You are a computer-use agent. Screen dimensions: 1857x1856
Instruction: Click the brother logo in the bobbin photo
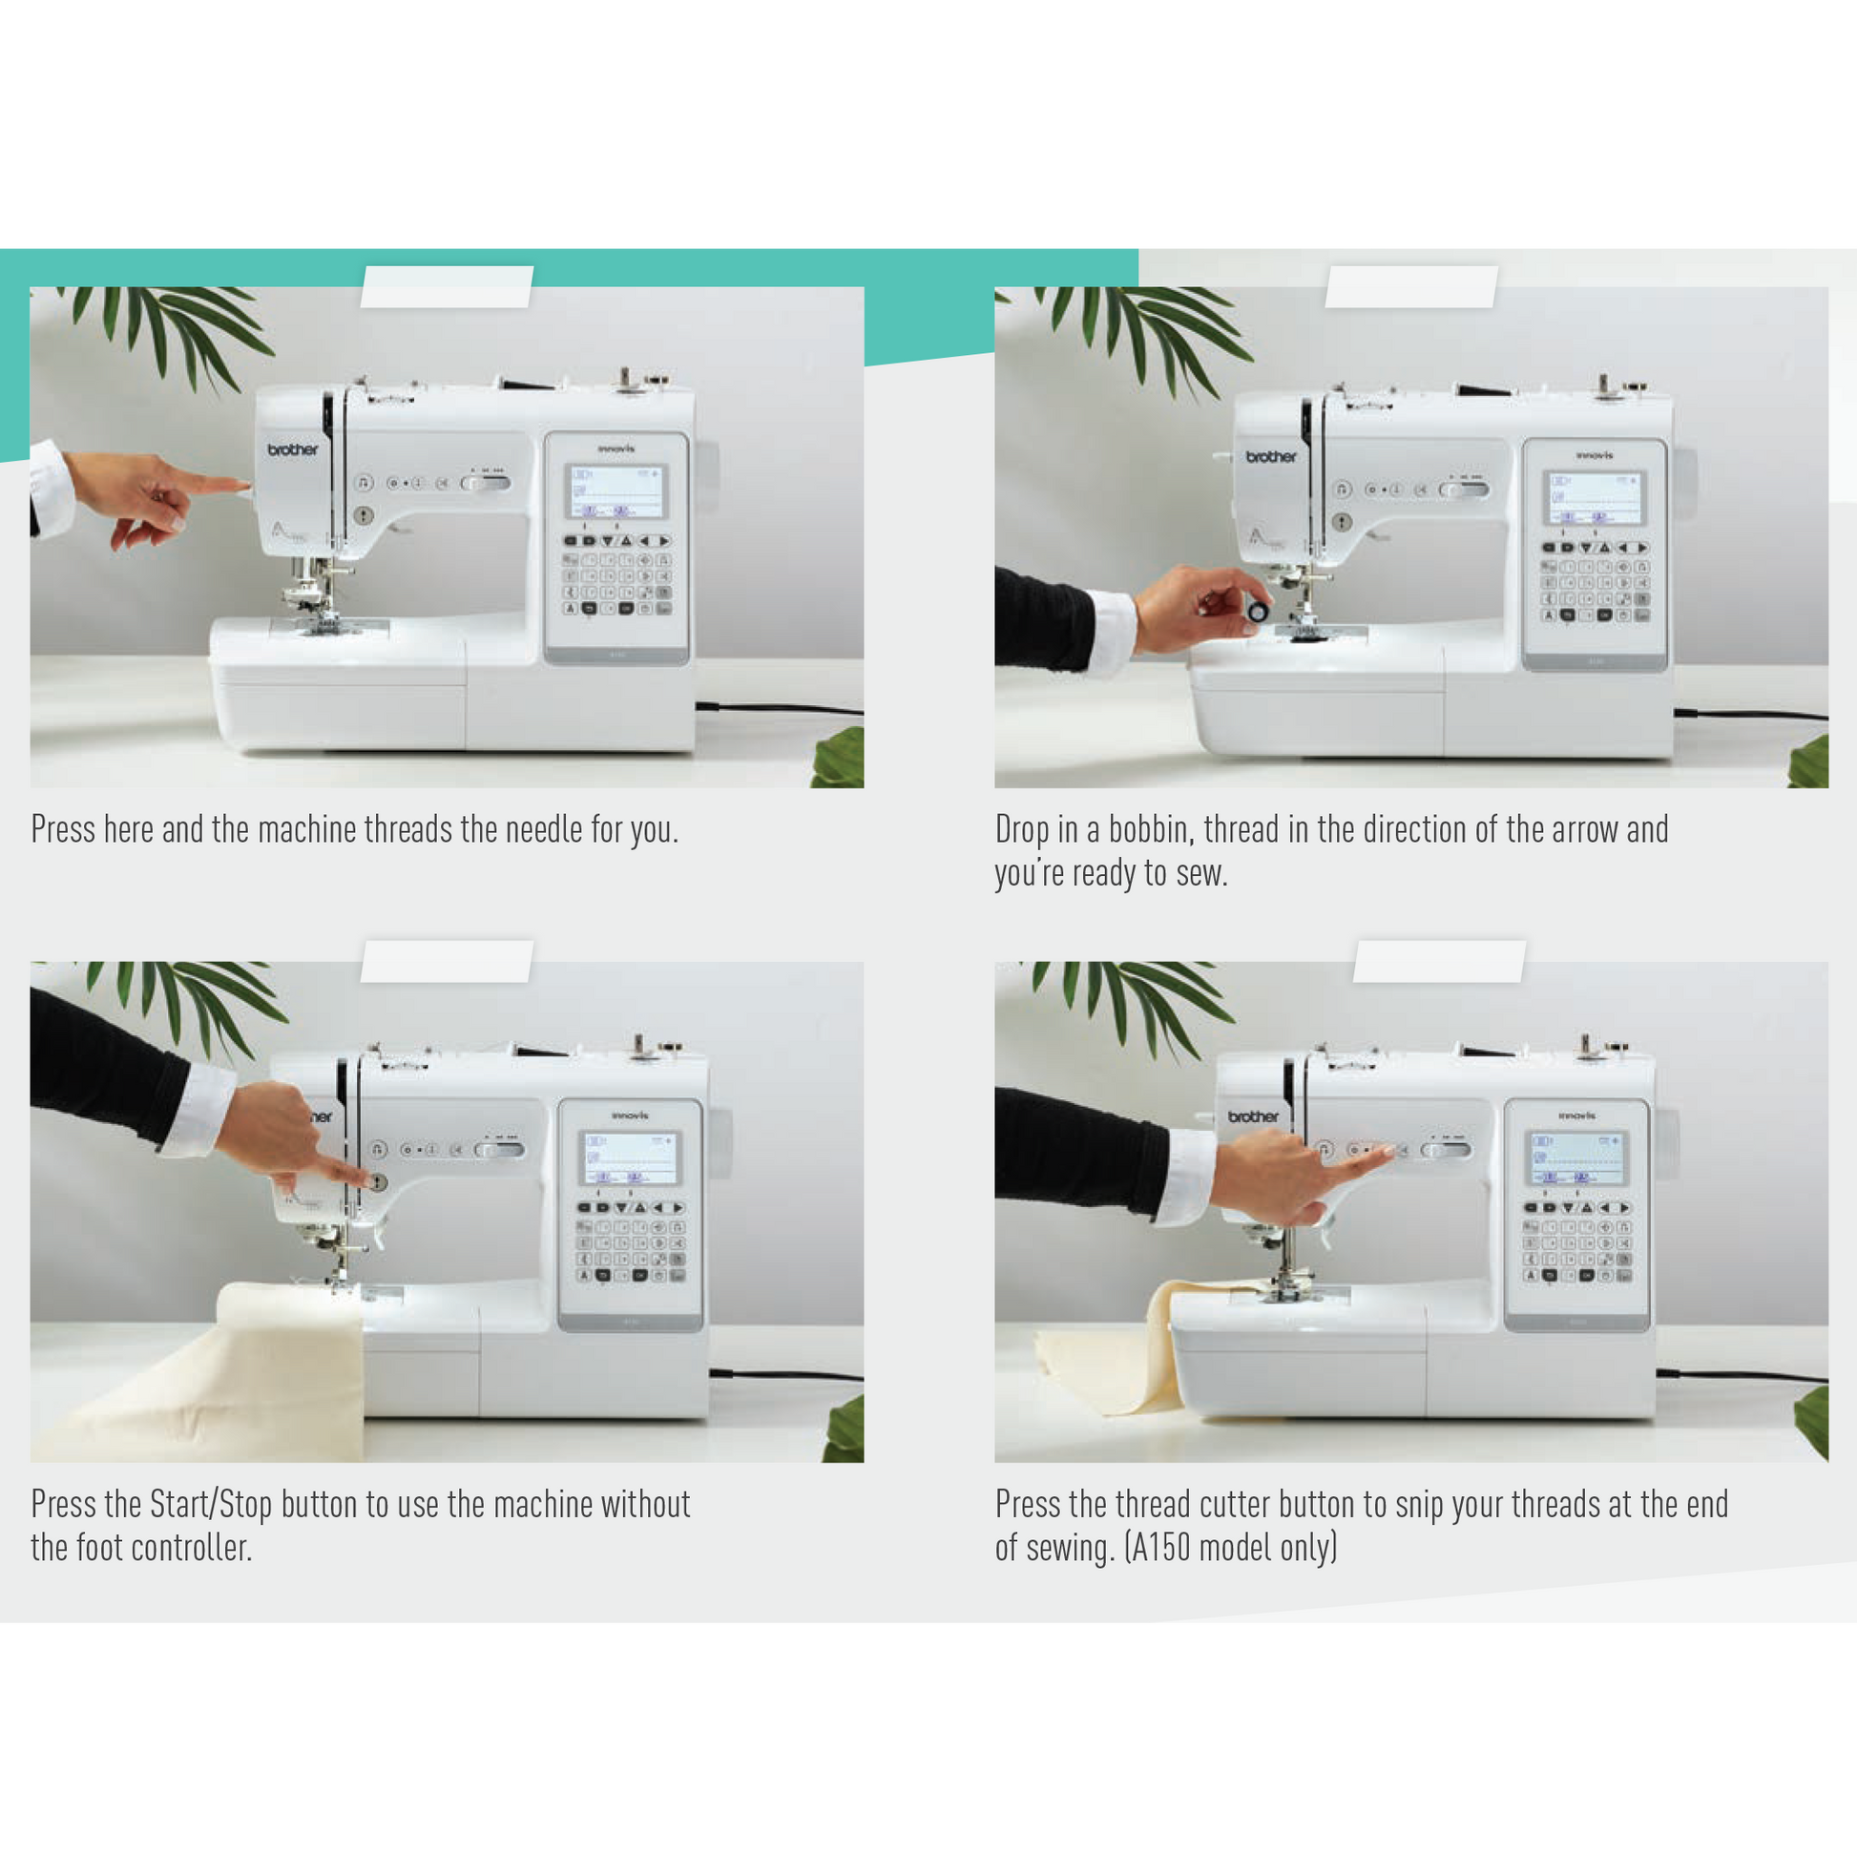[x=1271, y=456]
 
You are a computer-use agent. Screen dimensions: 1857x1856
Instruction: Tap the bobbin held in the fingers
[x=1257, y=611]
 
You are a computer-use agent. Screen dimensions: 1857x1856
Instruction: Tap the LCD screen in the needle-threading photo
[x=616, y=492]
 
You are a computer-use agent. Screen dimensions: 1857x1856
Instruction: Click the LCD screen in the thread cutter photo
[x=1576, y=1157]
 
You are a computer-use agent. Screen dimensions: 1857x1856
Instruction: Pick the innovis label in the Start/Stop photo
[x=630, y=1116]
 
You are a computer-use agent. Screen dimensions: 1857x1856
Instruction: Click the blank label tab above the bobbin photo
[x=1411, y=286]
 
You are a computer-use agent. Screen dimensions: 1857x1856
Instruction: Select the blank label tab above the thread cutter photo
[x=1439, y=961]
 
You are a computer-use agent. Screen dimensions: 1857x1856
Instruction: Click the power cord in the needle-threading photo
[x=779, y=708]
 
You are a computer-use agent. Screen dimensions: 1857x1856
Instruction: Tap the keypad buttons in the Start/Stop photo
[x=631, y=1242]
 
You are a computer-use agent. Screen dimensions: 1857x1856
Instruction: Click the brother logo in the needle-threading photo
[x=293, y=449]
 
